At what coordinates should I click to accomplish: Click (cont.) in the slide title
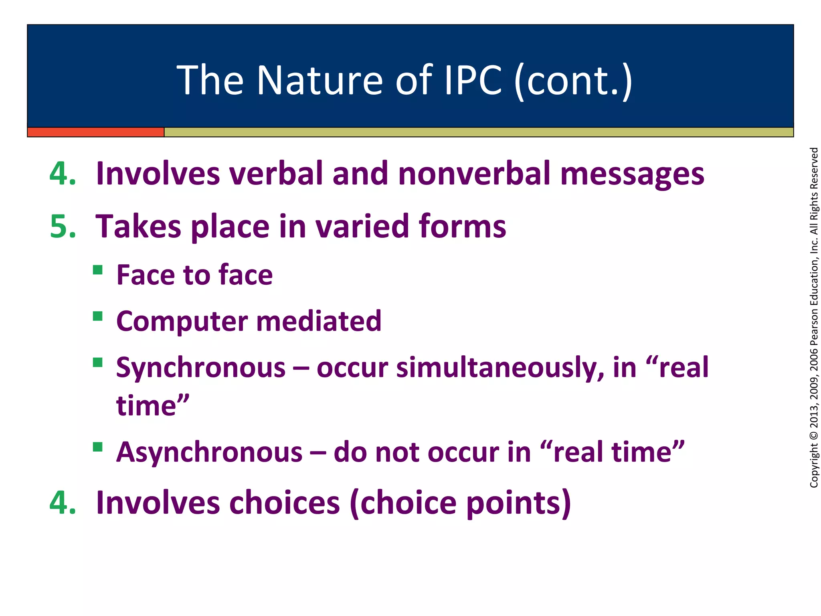[573, 81]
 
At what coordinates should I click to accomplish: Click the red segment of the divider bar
[95, 132]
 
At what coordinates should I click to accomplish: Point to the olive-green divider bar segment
[477, 132]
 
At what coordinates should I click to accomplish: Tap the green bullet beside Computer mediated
[97, 316]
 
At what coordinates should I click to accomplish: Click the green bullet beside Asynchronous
[97, 447]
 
